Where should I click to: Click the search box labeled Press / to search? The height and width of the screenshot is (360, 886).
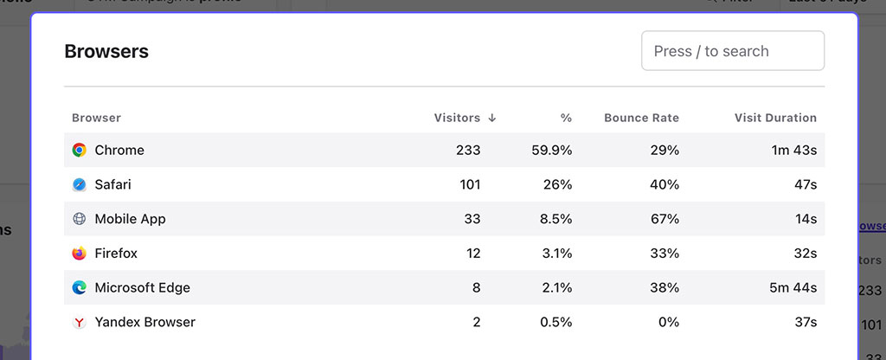coord(732,51)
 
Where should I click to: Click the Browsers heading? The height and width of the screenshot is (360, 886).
coord(106,51)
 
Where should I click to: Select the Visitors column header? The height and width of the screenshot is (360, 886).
coord(456,118)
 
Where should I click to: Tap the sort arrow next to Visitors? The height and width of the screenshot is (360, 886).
coord(492,118)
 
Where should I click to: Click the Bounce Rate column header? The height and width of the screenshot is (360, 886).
coord(641,118)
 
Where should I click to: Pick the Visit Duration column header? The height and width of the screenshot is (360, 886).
coord(775,118)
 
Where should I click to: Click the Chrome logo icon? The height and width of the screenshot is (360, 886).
coord(80,150)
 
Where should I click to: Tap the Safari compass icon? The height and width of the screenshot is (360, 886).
coord(80,184)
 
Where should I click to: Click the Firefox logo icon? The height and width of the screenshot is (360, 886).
coord(80,254)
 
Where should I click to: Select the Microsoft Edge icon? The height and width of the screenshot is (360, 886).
coord(80,288)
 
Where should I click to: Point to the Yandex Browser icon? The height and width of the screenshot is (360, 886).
coord(80,323)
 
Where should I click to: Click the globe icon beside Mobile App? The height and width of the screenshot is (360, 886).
coord(80,219)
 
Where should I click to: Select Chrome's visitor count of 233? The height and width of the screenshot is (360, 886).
coord(468,150)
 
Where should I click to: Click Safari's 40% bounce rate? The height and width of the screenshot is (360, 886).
coord(665,184)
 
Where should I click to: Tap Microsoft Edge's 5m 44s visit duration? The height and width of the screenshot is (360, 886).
coord(793,288)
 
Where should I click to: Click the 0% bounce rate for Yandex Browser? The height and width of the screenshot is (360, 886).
coord(669,323)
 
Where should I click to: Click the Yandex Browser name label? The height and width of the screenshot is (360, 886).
coord(144,323)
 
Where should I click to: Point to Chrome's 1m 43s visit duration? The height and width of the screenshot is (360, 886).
coord(793,150)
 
